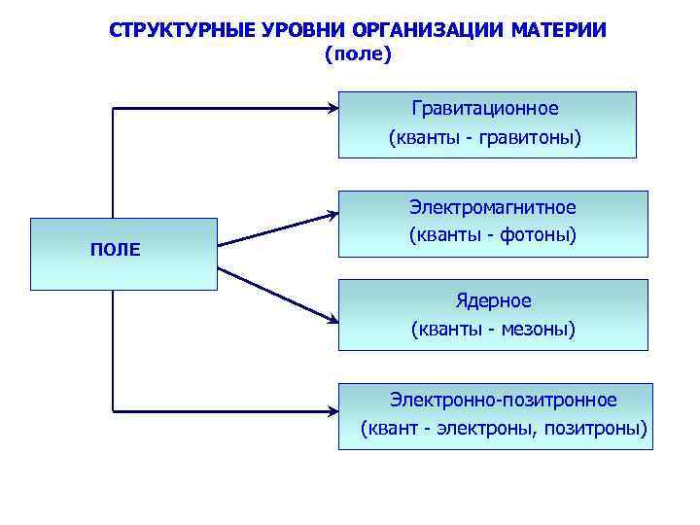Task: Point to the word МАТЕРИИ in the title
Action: coord(555,29)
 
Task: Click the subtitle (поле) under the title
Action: coord(357,54)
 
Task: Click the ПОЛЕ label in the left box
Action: coord(115,250)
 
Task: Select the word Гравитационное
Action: coord(485,108)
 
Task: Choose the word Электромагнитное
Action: coord(492,207)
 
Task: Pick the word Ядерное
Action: coord(493,300)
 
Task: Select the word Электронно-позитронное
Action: coord(504,400)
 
